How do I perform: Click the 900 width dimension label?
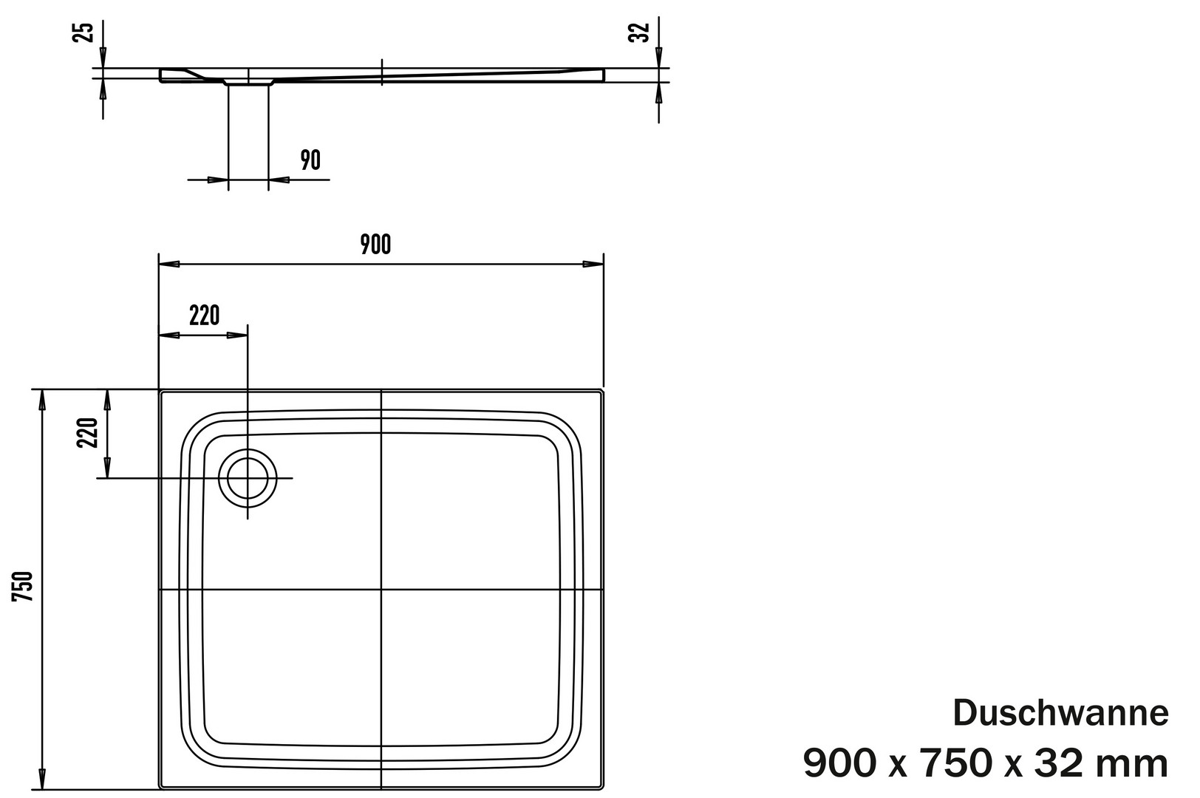[375, 245]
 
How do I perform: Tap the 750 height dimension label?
[23, 587]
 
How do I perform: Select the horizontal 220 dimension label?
[204, 316]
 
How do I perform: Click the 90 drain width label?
[310, 160]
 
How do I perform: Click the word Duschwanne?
[1060, 713]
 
